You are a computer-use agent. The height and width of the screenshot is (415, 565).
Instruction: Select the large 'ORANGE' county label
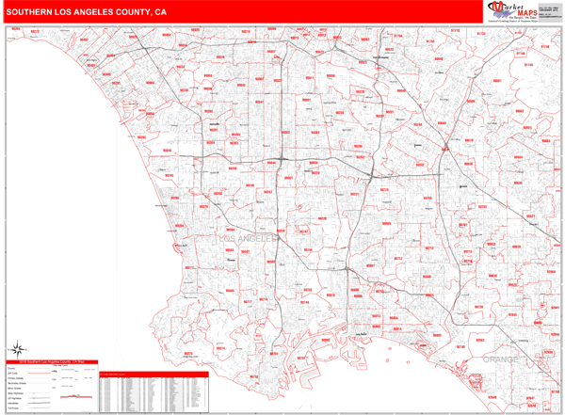click(x=501, y=359)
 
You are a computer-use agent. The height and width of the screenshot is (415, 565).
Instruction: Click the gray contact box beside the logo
click(x=548, y=11)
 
